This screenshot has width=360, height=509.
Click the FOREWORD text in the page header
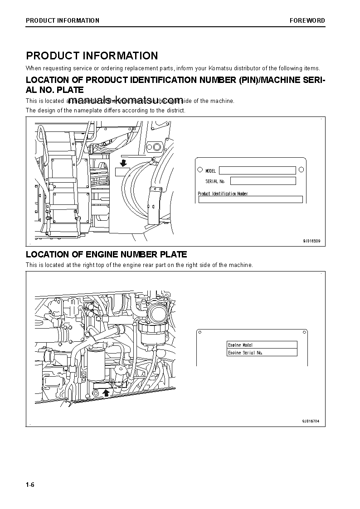pyautogui.click(x=307, y=20)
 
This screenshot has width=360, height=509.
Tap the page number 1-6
pyautogui.click(x=30, y=485)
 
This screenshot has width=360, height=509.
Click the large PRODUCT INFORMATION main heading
pyautogui.click(x=92, y=56)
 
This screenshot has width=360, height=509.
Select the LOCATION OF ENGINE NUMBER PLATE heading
pyautogui.click(x=106, y=254)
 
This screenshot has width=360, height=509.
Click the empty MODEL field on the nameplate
pyautogui.click(x=257, y=170)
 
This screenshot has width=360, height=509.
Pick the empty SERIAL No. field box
pyautogui.click(x=263, y=181)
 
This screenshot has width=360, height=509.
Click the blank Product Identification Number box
pyautogui.click(x=250, y=199)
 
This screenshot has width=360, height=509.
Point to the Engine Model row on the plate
pyautogui.click(x=262, y=345)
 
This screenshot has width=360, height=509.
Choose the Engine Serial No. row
pyautogui.click(x=262, y=352)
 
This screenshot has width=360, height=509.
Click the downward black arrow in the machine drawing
pyautogui.click(x=123, y=162)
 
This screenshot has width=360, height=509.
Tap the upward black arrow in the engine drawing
pyautogui.click(x=107, y=393)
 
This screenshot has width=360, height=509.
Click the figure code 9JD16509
pyautogui.click(x=311, y=241)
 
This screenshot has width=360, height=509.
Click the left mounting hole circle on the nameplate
pyautogui.click(x=200, y=170)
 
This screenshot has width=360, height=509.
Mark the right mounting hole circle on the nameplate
pyautogui.click(x=301, y=170)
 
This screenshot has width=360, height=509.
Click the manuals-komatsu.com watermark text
pyautogui.click(x=126, y=100)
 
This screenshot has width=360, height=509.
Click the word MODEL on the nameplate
pyautogui.click(x=211, y=171)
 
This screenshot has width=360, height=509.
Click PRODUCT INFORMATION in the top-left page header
pyautogui.click(x=63, y=20)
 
